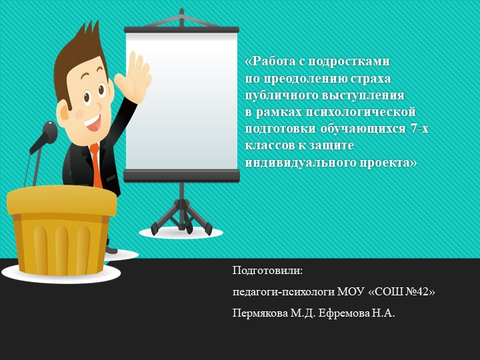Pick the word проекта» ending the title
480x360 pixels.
(387, 161)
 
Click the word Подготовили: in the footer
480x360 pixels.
(267, 271)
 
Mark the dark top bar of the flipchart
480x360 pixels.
(181, 29)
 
